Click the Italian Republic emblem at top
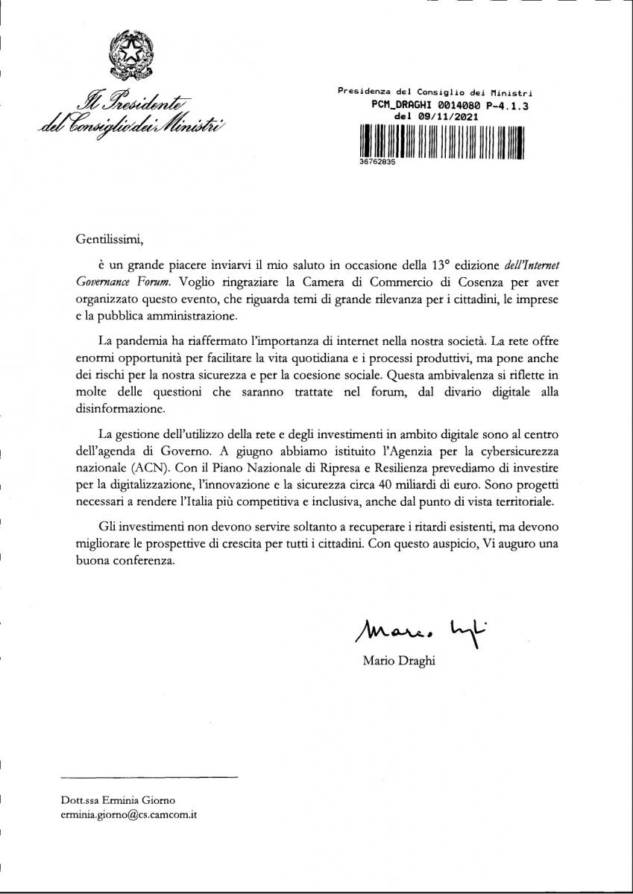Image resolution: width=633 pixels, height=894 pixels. coord(132,58)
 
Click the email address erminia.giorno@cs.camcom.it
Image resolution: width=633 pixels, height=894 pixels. coord(129,815)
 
